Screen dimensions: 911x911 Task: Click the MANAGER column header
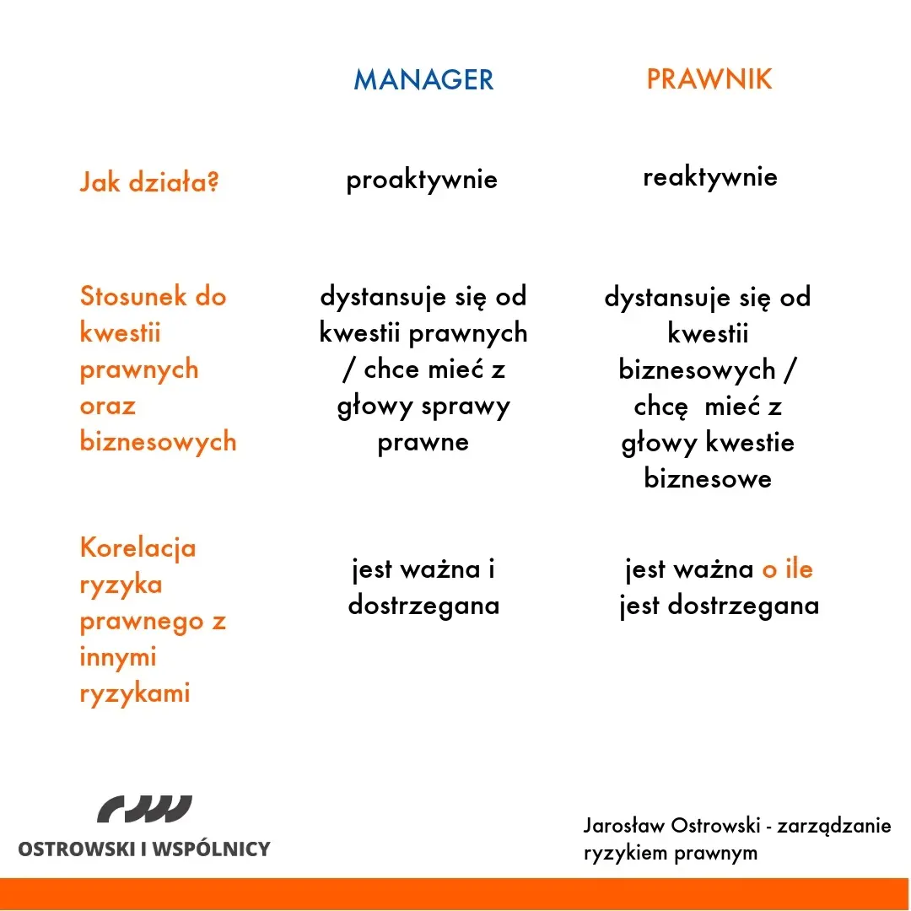[x=423, y=79]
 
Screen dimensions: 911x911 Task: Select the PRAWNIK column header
[x=709, y=79]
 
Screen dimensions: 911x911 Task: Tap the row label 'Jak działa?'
[x=149, y=182]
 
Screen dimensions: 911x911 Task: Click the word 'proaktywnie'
[x=422, y=180]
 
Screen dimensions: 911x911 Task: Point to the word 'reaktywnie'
[x=709, y=177]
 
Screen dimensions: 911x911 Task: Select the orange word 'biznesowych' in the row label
[x=158, y=442]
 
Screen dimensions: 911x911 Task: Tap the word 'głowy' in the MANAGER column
[x=370, y=407]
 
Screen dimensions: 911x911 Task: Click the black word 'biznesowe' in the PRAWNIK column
[x=708, y=479]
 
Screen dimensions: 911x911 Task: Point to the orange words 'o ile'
[x=787, y=569]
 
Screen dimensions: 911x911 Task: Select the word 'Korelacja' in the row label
[x=137, y=548]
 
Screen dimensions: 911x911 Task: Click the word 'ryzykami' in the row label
[x=134, y=694]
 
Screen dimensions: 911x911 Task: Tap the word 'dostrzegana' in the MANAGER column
[x=423, y=606]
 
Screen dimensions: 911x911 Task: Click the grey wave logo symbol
[x=144, y=809]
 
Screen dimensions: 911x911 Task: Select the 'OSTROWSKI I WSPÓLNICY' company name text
[x=144, y=849]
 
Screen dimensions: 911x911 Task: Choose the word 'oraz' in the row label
[x=107, y=406]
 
